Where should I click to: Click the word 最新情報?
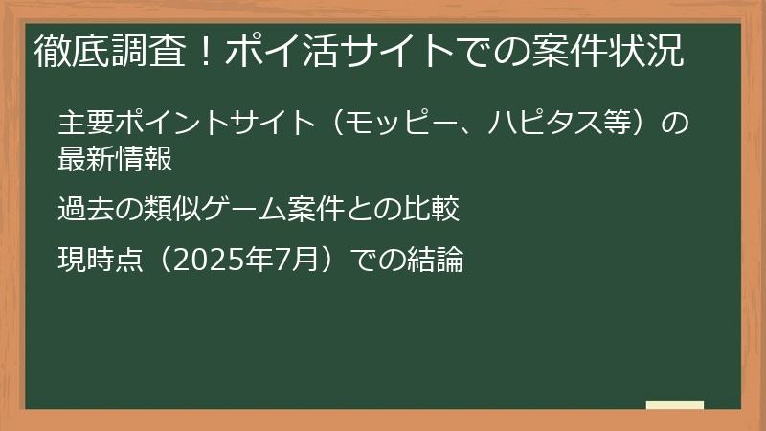click(x=115, y=159)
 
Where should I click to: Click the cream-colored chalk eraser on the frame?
click(x=674, y=406)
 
